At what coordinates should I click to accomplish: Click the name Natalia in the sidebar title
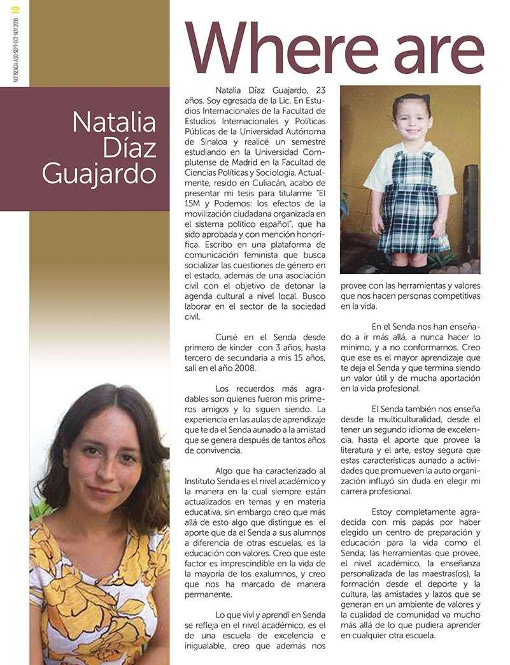click(115, 122)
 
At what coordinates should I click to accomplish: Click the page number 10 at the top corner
click(16, 10)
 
